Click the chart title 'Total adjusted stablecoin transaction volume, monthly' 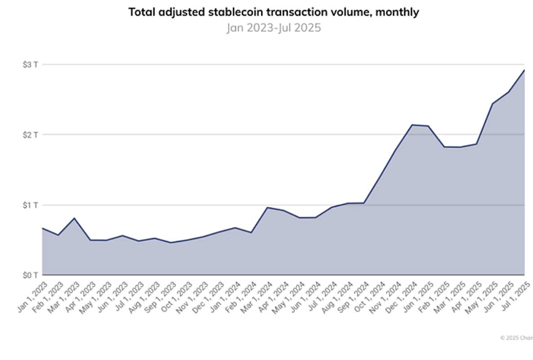click(x=273, y=12)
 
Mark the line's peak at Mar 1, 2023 click(x=74, y=218)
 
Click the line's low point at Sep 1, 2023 click(x=170, y=243)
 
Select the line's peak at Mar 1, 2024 click(x=267, y=207)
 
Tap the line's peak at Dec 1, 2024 click(x=412, y=125)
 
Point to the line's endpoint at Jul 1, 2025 click(x=524, y=70)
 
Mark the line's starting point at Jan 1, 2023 click(x=42, y=228)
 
